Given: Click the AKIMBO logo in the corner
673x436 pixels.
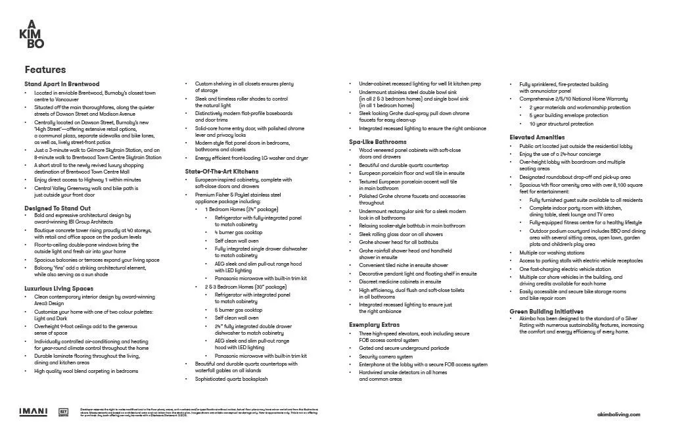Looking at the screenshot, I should coord(32,35).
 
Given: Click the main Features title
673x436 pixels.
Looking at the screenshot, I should coord(45,70).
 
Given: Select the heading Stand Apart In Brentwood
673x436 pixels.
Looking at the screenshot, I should coord(62,84).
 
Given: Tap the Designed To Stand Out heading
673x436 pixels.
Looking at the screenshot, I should coord(58,208).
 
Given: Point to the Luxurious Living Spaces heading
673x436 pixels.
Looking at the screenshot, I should coord(59,288).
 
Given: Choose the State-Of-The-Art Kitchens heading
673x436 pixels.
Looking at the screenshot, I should coord(221,172).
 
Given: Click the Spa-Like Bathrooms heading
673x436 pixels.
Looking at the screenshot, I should coord(378,141).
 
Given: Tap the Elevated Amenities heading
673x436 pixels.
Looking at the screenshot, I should coord(537,137).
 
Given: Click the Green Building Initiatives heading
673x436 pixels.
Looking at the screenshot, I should coord(546,311).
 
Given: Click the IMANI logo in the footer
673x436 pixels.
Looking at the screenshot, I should coord(33,412).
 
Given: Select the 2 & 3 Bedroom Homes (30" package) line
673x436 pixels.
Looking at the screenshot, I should coord(246,287).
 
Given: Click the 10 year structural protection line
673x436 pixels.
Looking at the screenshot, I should coord(561,124).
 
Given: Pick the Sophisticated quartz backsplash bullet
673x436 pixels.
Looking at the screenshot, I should coord(231,379).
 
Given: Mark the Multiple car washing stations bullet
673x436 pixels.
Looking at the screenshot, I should coord(551,253).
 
